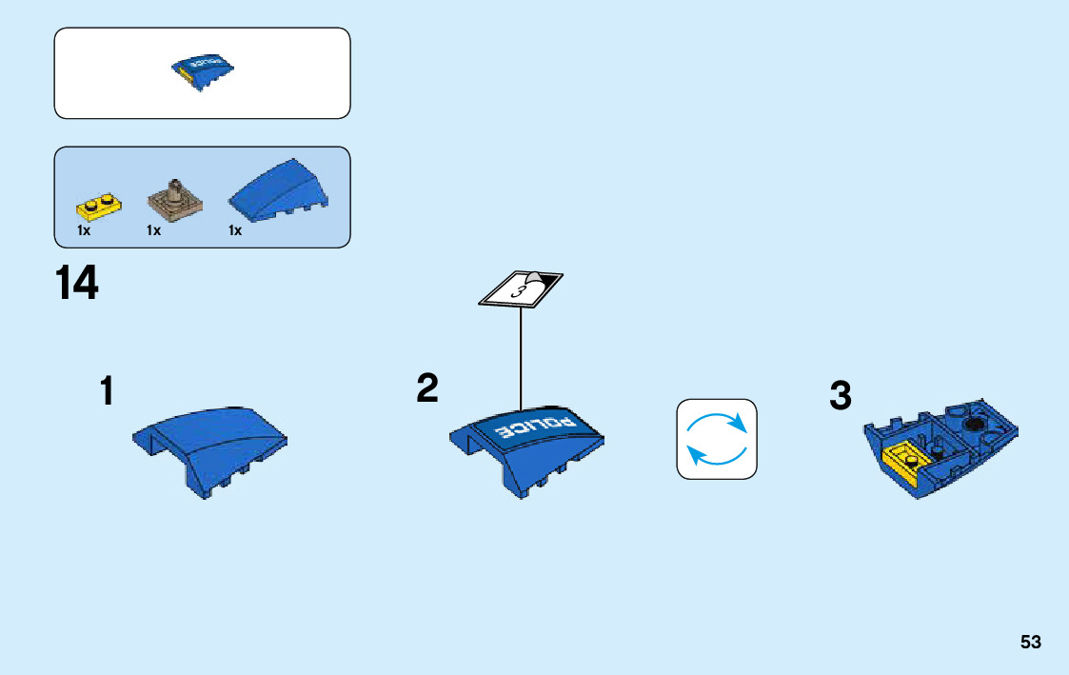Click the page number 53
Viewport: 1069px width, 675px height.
[1031, 643]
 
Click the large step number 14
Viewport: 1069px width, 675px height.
[76, 284]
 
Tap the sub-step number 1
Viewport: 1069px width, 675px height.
[108, 391]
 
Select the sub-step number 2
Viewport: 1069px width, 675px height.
[427, 387]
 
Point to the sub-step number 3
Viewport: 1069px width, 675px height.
[840, 396]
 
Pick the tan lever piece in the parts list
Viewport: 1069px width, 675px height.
[175, 199]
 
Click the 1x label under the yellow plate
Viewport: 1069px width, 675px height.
[84, 230]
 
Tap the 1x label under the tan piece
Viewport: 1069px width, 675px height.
[154, 230]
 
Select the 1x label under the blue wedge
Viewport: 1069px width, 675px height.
[235, 230]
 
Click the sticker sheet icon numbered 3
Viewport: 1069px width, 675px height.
[521, 289]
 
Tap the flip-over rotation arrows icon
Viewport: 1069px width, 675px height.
[717, 439]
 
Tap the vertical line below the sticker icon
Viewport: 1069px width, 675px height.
[521, 357]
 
